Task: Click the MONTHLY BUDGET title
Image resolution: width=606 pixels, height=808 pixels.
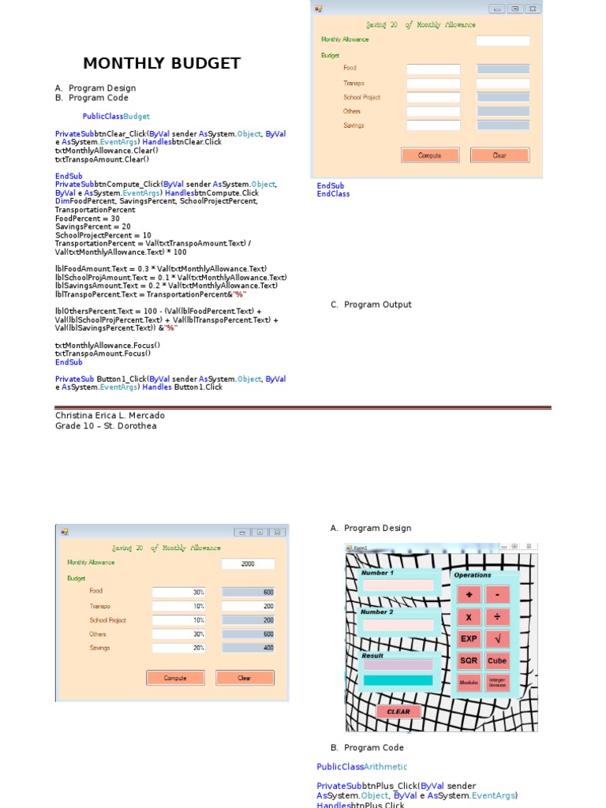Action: point(162,64)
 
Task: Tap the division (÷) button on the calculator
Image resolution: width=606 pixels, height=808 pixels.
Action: point(497,617)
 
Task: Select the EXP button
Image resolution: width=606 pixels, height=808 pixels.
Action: point(469,639)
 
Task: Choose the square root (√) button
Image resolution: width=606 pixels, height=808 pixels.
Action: point(497,639)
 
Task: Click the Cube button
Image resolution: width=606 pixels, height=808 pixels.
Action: point(497,661)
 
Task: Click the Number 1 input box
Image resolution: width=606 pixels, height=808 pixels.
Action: point(398,585)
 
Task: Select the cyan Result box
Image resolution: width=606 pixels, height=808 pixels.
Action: point(398,680)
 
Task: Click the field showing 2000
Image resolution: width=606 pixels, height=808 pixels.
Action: point(248,564)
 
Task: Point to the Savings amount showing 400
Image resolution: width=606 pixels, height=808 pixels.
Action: point(248,648)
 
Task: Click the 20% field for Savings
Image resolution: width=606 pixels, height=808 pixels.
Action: point(178,648)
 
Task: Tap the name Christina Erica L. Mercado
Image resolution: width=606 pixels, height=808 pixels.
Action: point(110,416)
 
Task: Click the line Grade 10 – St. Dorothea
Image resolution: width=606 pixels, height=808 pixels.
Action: point(106,426)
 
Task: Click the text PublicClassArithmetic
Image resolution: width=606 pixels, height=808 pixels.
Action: point(361,767)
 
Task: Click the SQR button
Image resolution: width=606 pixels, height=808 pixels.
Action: point(469,661)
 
